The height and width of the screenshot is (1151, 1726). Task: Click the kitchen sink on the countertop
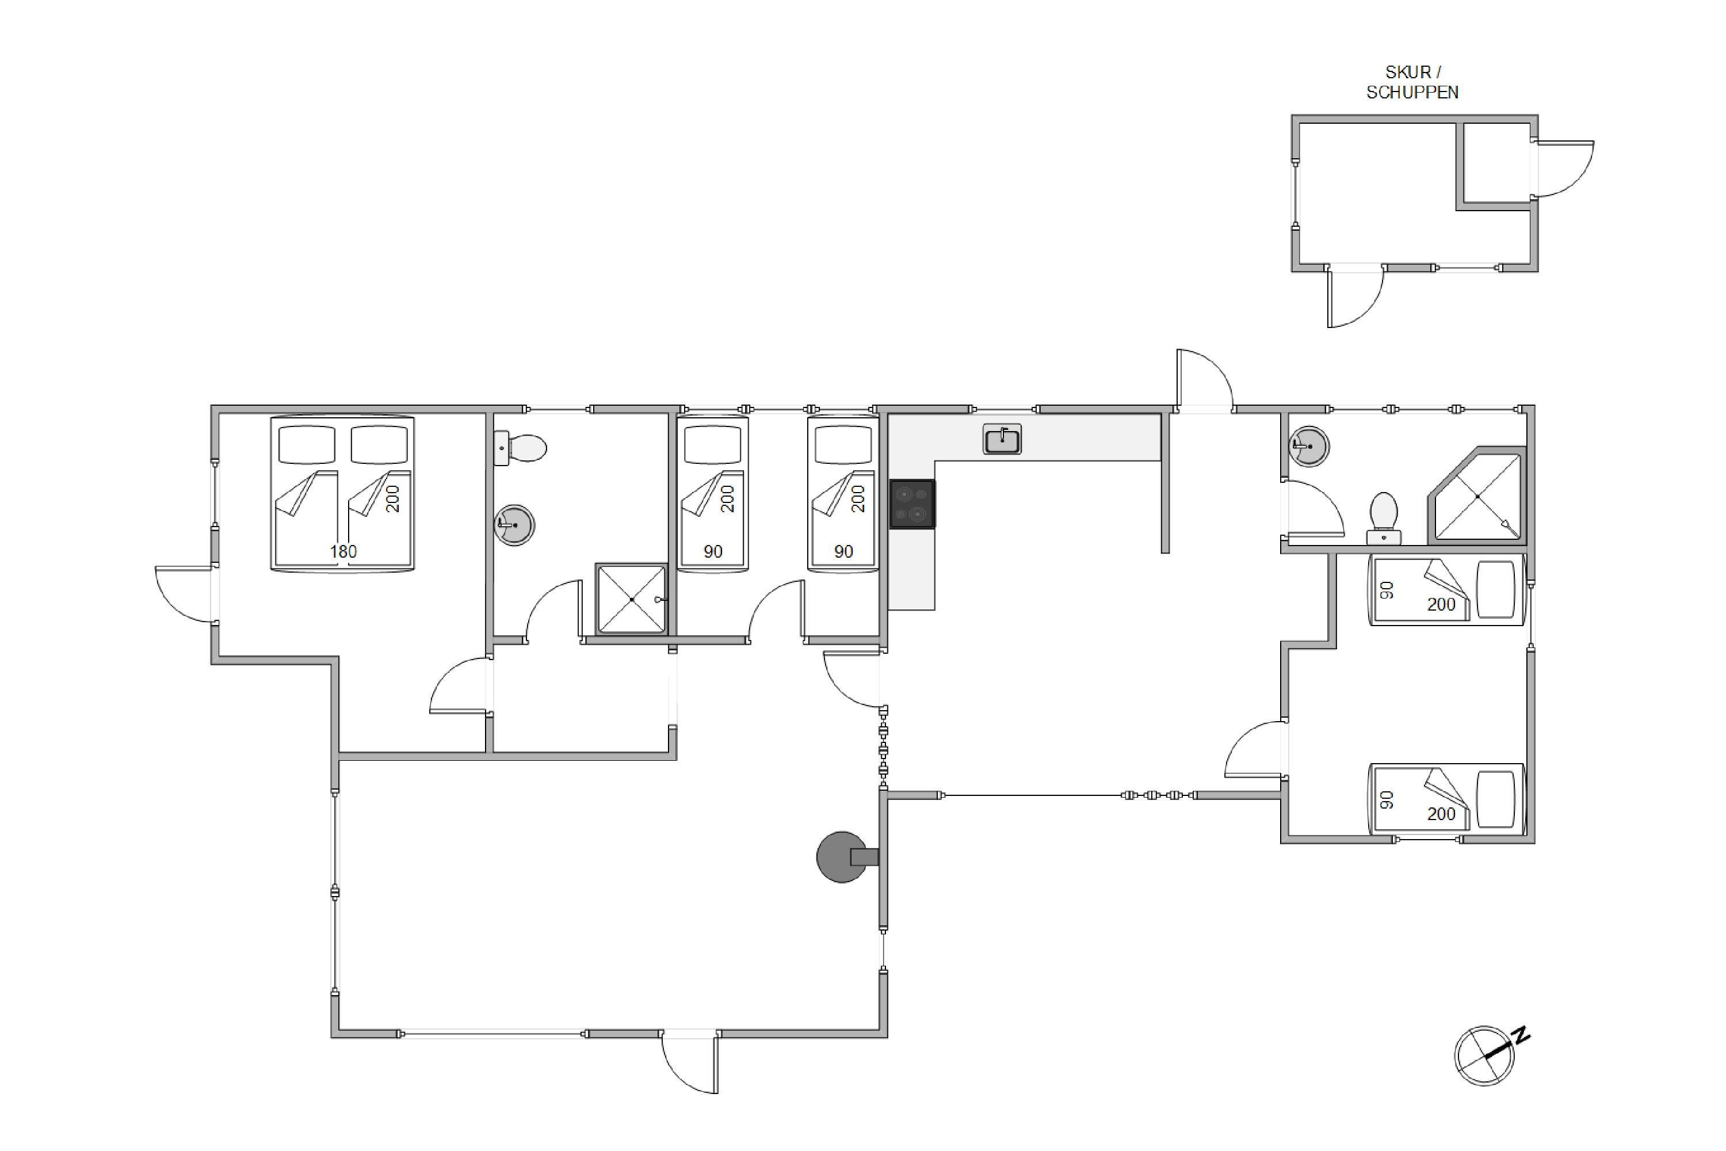click(x=1002, y=440)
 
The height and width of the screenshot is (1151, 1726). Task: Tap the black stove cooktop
click(x=912, y=504)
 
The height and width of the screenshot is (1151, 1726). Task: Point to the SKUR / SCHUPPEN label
click(x=1412, y=82)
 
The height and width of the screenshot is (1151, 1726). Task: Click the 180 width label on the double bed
click(x=343, y=551)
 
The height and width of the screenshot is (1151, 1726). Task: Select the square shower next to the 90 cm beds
click(x=631, y=599)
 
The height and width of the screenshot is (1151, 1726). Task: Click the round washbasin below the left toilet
click(x=514, y=525)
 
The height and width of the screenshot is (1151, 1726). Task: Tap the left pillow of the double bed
click(x=307, y=444)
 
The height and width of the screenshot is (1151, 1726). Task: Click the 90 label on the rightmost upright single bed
click(x=843, y=551)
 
